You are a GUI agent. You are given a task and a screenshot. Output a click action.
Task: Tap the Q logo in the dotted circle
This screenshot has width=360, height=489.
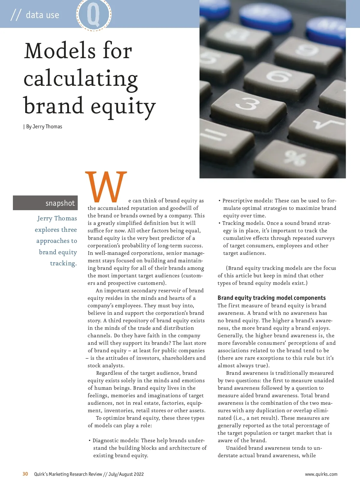click(x=94, y=14)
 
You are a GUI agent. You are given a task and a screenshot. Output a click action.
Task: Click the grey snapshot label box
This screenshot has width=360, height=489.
click(x=45, y=203)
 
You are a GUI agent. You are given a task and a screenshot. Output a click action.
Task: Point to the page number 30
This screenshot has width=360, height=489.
click(x=25, y=474)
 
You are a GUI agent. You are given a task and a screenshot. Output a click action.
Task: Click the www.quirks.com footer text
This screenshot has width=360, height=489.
click(x=321, y=474)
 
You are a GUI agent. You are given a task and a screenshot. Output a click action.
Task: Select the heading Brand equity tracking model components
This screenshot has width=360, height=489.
click(x=271, y=298)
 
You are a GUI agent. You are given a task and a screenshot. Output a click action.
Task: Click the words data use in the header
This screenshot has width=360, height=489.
click(x=42, y=15)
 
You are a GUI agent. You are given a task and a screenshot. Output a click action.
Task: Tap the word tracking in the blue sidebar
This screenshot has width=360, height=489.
click(x=63, y=263)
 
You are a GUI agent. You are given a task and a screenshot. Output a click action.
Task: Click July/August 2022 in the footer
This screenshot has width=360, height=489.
click(x=126, y=474)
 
